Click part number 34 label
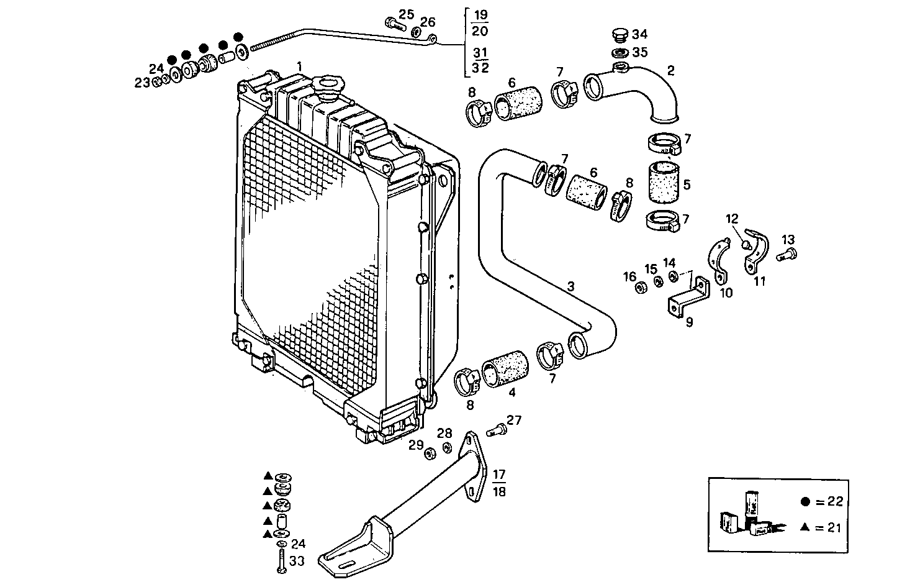(639, 34)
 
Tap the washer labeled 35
(619, 53)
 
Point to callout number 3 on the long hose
(571, 286)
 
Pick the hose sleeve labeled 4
(504, 371)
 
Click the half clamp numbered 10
(719, 261)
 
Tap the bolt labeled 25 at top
(394, 25)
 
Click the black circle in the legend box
(806, 501)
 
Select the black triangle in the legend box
(805, 527)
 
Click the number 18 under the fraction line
(498, 491)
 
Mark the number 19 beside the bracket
(479, 15)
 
